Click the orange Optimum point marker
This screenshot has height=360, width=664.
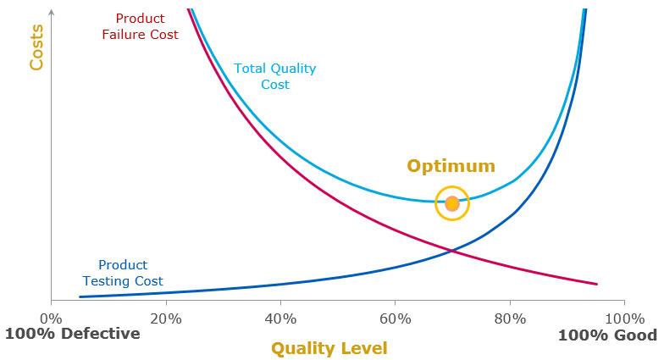(x=451, y=203)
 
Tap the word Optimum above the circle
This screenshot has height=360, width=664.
(x=451, y=166)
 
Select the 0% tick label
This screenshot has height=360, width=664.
(x=52, y=318)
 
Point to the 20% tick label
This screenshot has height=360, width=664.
(x=166, y=318)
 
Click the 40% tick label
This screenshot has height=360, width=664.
(x=280, y=318)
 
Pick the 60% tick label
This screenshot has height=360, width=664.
(x=395, y=318)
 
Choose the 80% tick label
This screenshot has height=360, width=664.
(x=509, y=318)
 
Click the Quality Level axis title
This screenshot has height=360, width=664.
(x=329, y=348)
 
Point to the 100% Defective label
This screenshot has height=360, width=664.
(x=72, y=334)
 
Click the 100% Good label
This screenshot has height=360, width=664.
(x=607, y=335)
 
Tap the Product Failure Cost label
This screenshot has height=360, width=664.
(x=140, y=26)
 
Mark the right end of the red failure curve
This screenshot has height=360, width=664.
(x=597, y=284)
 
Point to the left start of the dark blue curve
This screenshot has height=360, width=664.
(x=80, y=296)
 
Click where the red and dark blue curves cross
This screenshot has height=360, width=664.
(x=453, y=250)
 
